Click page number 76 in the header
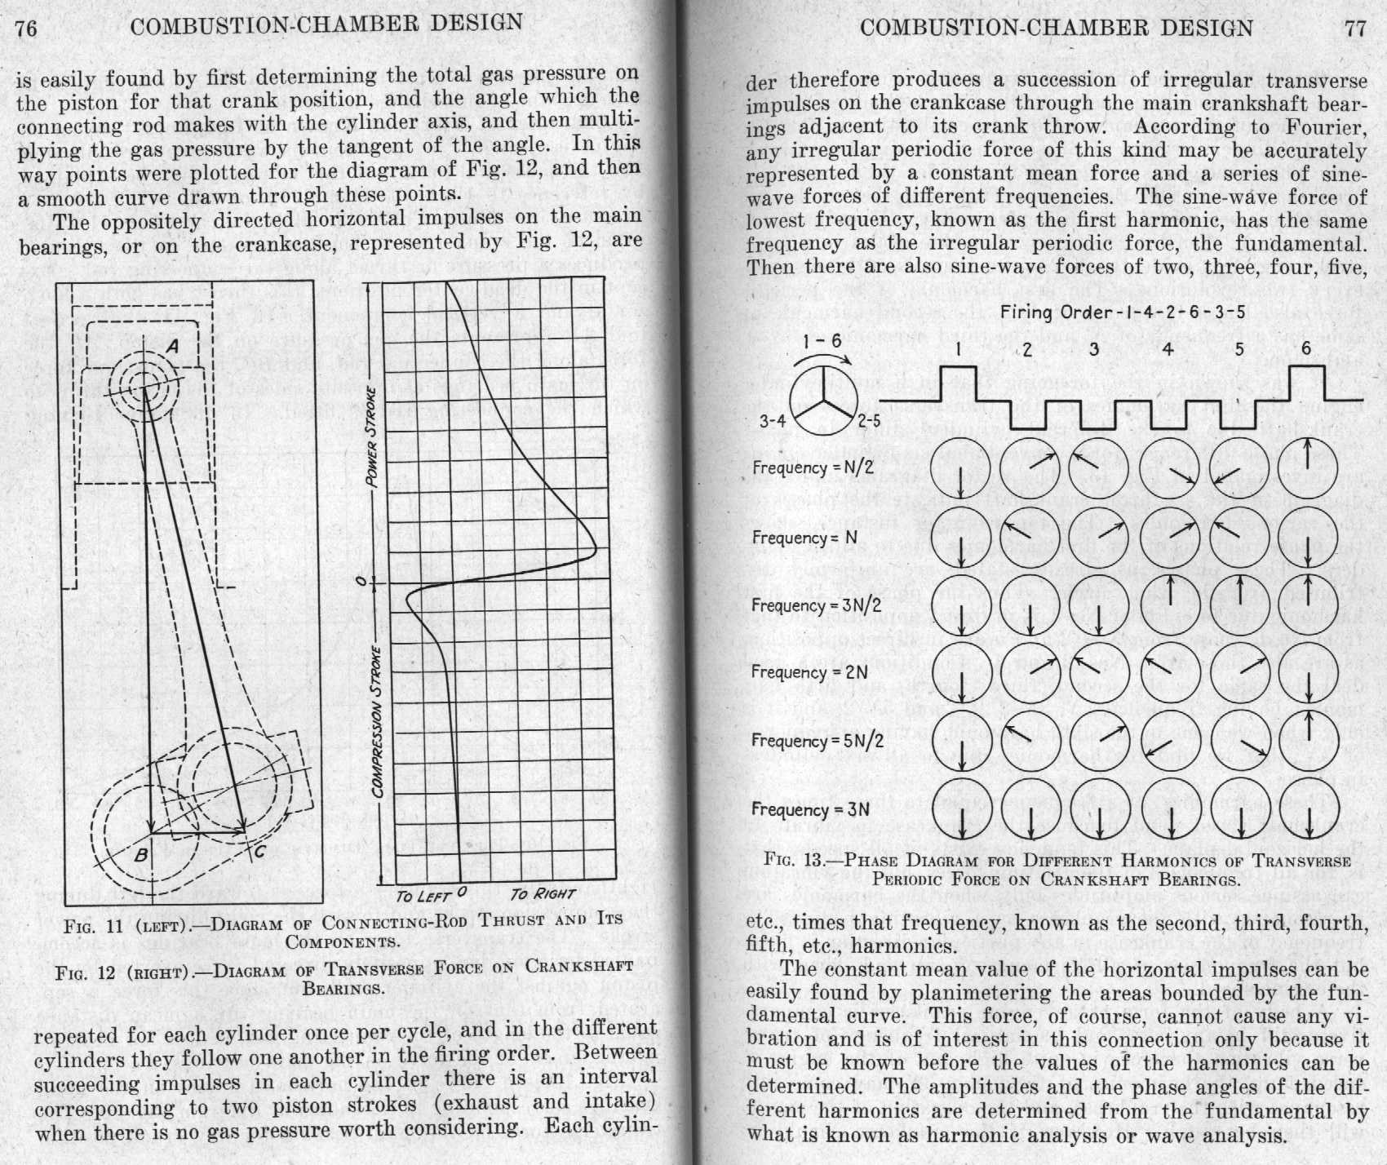pyautogui.click(x=26, y=29)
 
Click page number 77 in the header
pyautogui.click(x=1354, y=29)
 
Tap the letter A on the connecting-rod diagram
pyautogui.click(x=172, y=347)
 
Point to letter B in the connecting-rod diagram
pyautogui.click(x=140, y=856)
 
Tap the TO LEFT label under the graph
pyautogui.click(x=423, y=896)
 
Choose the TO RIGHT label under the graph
pyautogui.click(x=543, y=894)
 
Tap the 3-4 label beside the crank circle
pyautogui.click(x=773, y=421)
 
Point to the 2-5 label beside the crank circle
pyautogui.click(x=869, y=421)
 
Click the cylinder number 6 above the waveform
pyautogui.click(x=1306, y=348)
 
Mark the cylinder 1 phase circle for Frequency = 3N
pyautogui.click(x=962, y=809)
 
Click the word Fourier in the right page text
pyautogui.click(x=1326, y=127)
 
